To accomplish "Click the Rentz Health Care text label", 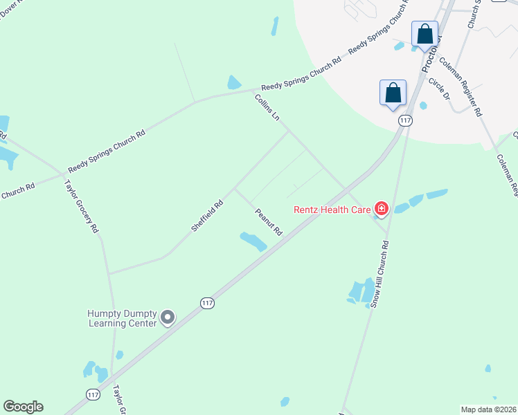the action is click(332, 209).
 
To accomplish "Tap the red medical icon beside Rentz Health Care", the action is click(380, 208).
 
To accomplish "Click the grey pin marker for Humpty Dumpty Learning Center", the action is click(167, 317).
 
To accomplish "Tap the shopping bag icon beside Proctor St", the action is click(425, 33).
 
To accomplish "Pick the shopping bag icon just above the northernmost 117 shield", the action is click(393, 93).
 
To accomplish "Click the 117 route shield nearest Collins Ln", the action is click(405, 120).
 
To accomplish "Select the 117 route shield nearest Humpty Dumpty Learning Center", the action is click(207, 303).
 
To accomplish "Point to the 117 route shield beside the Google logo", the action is click(92, 394).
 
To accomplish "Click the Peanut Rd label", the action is click(268, 221).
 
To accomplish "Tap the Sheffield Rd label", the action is click(207, 215).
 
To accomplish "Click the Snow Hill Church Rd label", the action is click(379, 274).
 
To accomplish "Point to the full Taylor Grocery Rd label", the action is click(82, 206).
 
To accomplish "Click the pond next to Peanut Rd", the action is click(253, 241).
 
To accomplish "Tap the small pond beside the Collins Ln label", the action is click(234, 83).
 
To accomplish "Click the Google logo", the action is click(23, 407).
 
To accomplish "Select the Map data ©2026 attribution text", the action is click(488, 409).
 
